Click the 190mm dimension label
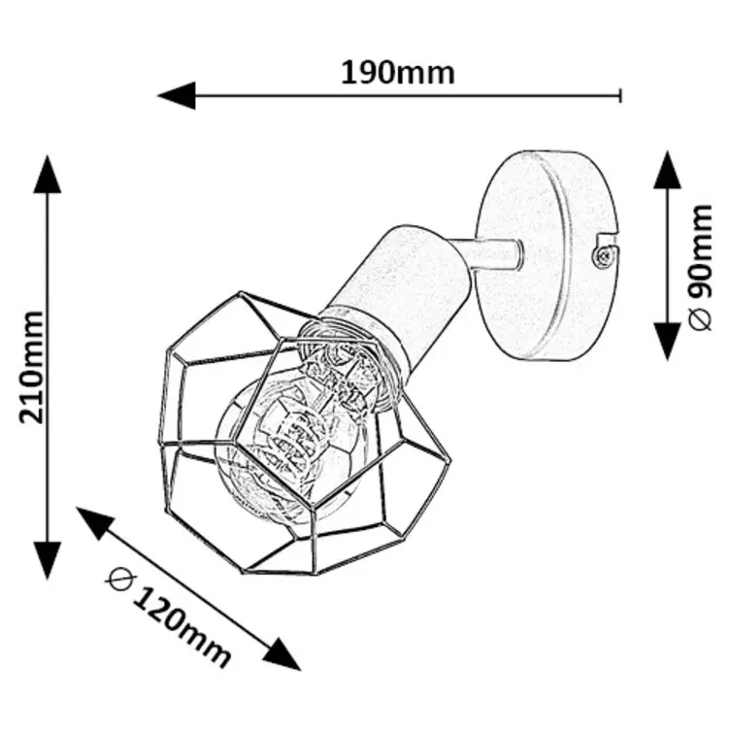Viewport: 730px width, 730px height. (x=397, y=71)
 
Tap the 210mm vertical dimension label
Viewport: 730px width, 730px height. (x=32, y=367)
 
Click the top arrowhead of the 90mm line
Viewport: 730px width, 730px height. (x=667, y=170)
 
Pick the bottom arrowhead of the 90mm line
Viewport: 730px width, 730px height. (x=667, y=340)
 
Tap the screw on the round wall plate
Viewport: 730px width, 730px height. (x=602, y=254)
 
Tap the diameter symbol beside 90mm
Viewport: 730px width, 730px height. (x=705, y=321)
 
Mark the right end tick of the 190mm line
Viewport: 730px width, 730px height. (x=620, y=95)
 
